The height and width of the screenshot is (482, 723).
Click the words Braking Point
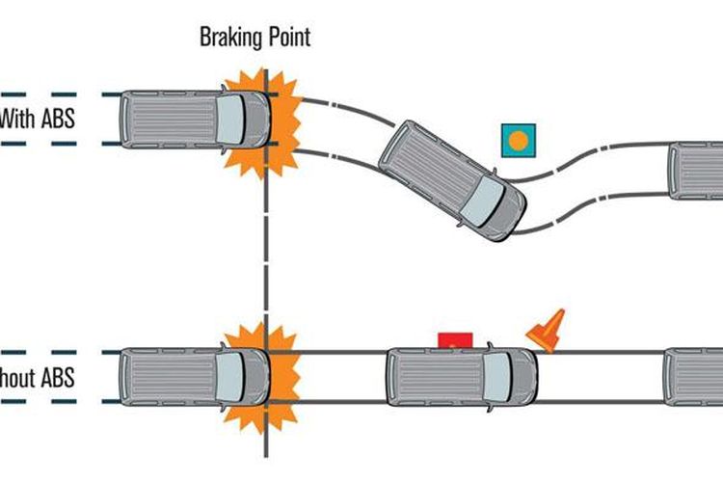254,38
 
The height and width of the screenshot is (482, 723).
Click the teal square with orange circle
518,141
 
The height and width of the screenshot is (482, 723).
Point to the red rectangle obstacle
455,339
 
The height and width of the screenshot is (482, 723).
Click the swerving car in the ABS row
451,179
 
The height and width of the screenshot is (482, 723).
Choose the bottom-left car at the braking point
193,376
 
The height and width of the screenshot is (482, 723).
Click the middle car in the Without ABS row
461,376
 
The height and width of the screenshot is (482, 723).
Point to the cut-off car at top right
696,170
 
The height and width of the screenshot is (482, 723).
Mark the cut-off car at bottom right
694,376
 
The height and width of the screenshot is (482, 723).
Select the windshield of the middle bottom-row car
499,376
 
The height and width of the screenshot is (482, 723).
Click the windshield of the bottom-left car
232,376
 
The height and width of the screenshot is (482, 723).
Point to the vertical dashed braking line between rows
263,251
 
